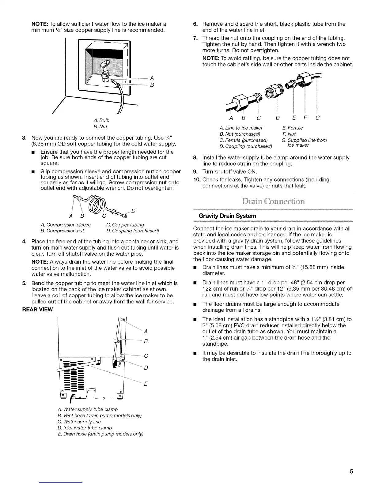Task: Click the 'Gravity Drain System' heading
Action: (x=228, y=216)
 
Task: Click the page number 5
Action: (x=352, y=472)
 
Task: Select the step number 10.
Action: (x=197, y=179)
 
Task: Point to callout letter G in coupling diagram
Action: (x=317, y=118)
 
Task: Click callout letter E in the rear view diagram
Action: (x=146, y=384)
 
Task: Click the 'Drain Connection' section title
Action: (x=273, y=202)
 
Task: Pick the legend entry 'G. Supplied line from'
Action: (x=304, y=140)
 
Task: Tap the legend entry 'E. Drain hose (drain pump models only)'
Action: (x=100, y=434)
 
